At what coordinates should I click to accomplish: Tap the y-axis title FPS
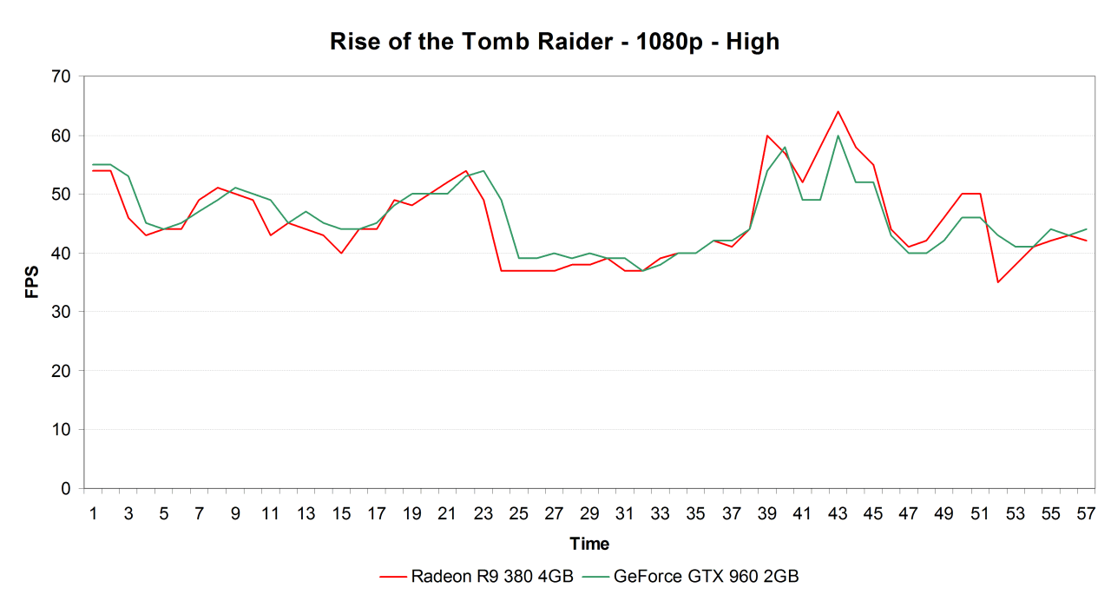click(x=32, y=282)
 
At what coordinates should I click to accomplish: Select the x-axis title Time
click(x=589, y=545)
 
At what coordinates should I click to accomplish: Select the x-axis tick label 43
click(x=837, y=513)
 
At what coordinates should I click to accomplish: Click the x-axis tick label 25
click(x=518, y=513)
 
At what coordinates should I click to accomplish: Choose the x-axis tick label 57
click(x=1085, y=513)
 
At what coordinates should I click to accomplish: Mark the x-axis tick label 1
click(x=93, y=513)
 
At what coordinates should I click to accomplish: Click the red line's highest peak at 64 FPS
click(x=838, y=111)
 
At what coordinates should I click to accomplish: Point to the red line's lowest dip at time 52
click(x=997, y=282)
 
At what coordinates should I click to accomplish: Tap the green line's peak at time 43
click(x=838, y=135)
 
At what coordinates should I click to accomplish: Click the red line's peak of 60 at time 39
click(x=766, y=135)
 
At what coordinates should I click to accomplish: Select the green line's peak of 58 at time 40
click(x=785, y=148)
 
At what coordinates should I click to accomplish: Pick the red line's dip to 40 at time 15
click(x=341, y=253)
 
